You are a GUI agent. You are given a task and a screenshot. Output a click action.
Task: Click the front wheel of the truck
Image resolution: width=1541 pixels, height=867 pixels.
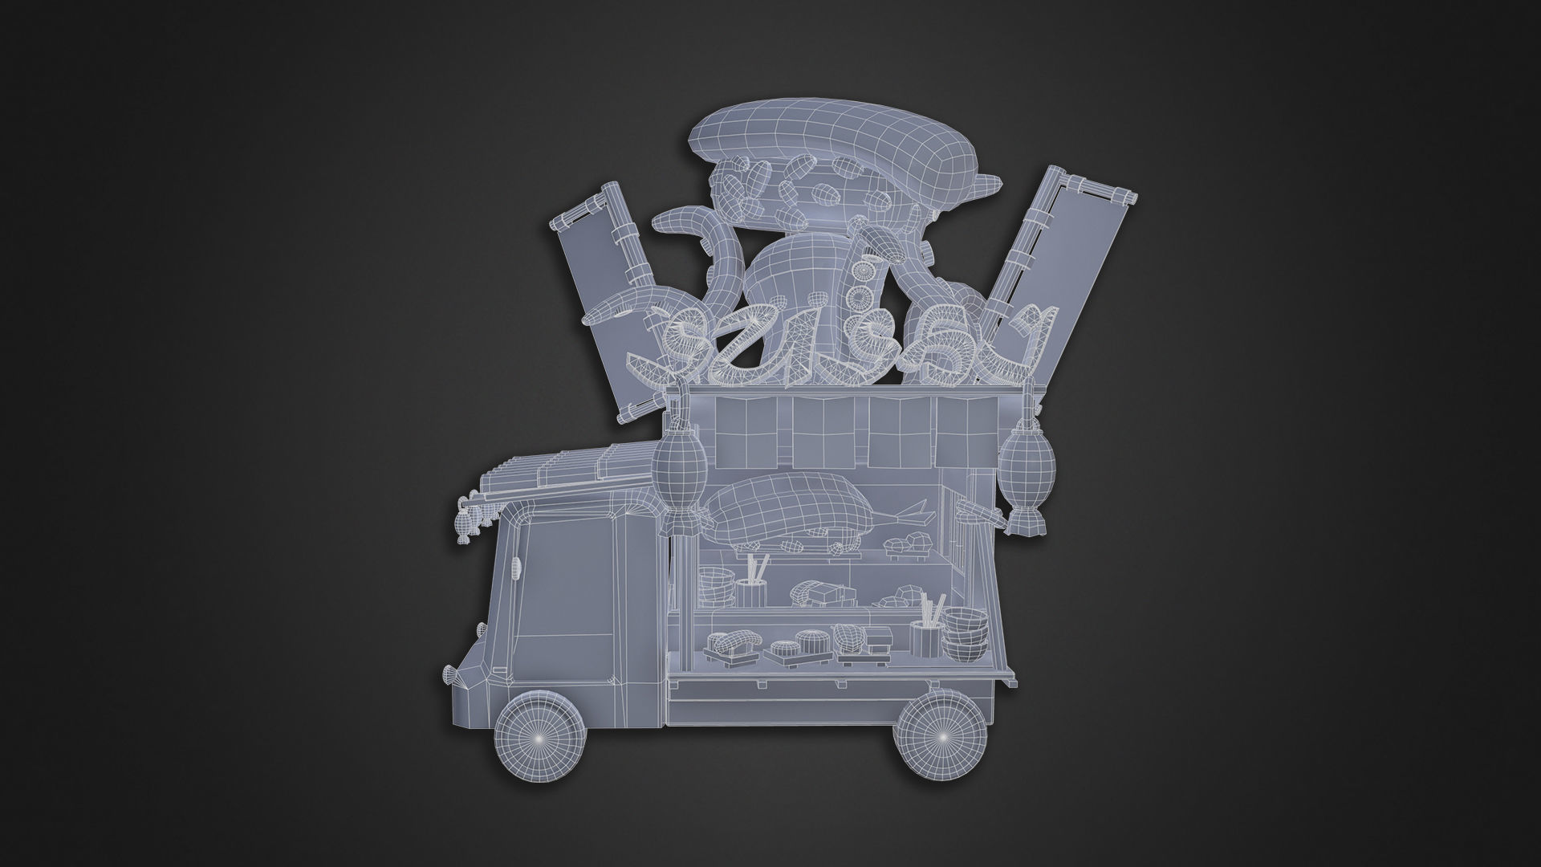[x=538, y=737]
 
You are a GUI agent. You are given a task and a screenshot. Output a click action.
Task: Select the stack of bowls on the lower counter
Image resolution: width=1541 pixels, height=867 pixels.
[x=964, y=634]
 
